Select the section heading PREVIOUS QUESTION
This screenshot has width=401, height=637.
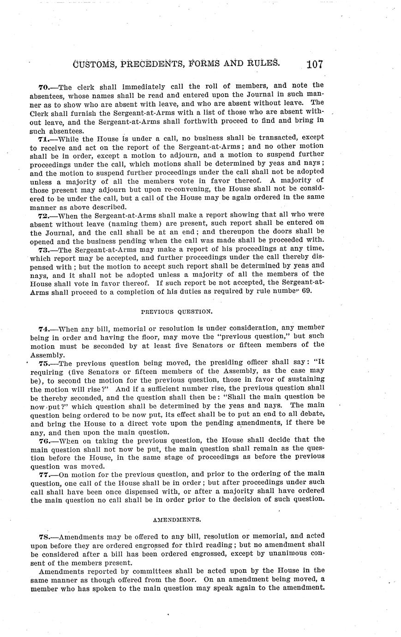[x=177, y=312]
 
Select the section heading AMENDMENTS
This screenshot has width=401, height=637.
[x=177, y=519]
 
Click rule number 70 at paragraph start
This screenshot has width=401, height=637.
[x=44, y=85]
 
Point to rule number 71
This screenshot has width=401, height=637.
[x=44, y=138]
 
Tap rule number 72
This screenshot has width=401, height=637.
[x=44, y=215]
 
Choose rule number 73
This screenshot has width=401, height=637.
[x=44, y=249]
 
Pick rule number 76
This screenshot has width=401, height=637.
[x=44, y=440]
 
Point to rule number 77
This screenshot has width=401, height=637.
[x=44, y=474]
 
